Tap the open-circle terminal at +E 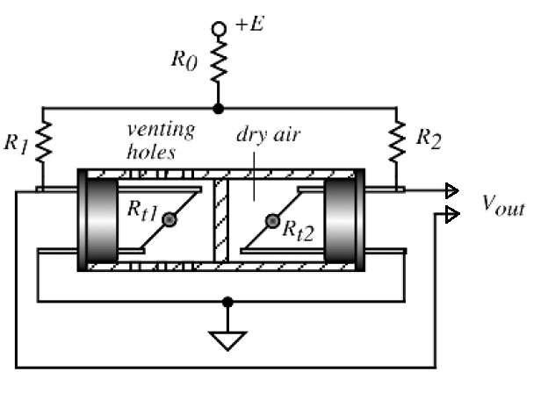pyautogui.click(x=218, y=32)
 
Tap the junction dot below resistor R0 pyautogui.click(x=218, y=108)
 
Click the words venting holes pyautogui.click(x=159, y=140)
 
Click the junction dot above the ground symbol pyautogui.click(x=228, y=302)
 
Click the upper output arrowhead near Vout pyautogui.click(x=451, y=190)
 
